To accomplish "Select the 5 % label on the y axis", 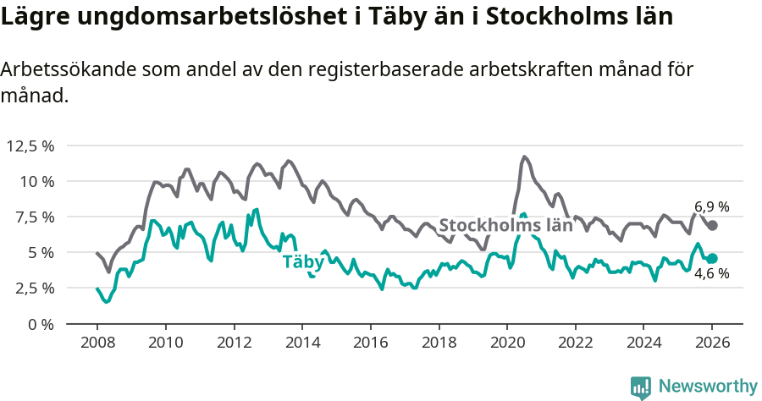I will [x=40, y=252].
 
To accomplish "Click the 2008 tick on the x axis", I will [x=97, y=344].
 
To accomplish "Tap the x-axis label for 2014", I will [x=301, y=344].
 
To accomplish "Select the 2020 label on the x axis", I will [x=506, y=344].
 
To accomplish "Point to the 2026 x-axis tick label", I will [x=712, y=344].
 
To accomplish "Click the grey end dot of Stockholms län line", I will [x=713, y=225].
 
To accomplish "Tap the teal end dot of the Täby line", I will [x=713, y=258].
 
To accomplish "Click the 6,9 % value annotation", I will [x=712, y=206].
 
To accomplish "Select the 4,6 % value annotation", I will [x=712, y=274].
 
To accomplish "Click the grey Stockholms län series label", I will [x=505, y=226].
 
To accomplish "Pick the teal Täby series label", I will [x=302, y=261].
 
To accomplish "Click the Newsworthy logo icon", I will [x=641, y=387].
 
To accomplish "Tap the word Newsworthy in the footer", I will [x=708, y=387].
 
